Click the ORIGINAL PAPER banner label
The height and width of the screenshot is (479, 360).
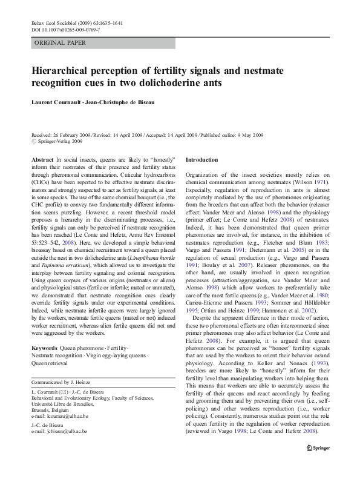click(60, 43)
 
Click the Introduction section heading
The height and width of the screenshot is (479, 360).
click(202, 159)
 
